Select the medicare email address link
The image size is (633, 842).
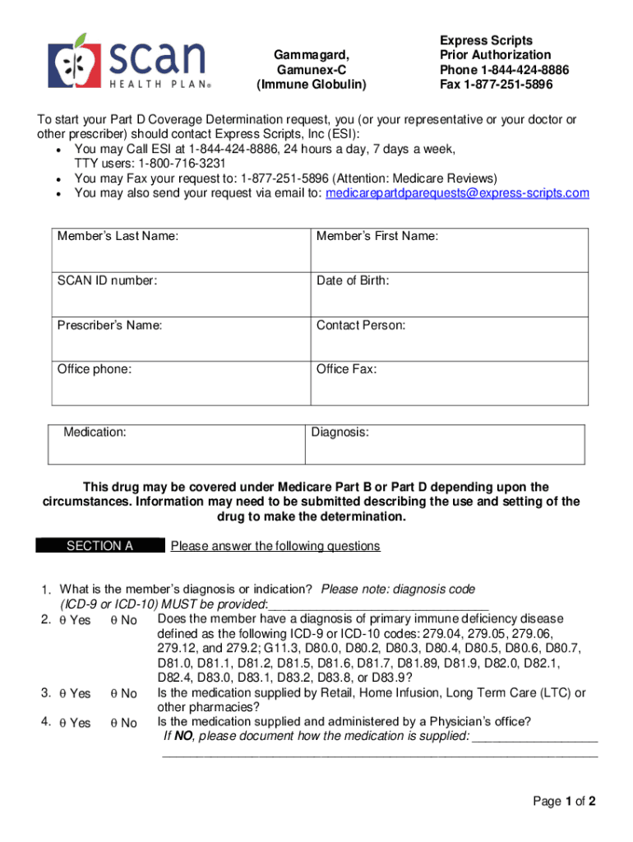coord(457,193)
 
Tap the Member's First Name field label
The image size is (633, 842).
coord(377,237)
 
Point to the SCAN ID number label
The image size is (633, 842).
coord(107,281)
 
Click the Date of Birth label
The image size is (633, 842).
coord(353,281)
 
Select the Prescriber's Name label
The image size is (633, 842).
coord(109,326)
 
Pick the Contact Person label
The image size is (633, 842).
coord(361,326)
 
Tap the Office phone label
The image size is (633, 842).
coord(94,369)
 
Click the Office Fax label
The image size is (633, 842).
coord(346,369)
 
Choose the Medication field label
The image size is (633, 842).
coord(95,432)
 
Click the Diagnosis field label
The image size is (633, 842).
coord(340,432)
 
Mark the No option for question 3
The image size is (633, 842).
coord(113,693)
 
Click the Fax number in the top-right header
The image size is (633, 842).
coord(496,85)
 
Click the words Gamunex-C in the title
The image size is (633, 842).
coord(311,70)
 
